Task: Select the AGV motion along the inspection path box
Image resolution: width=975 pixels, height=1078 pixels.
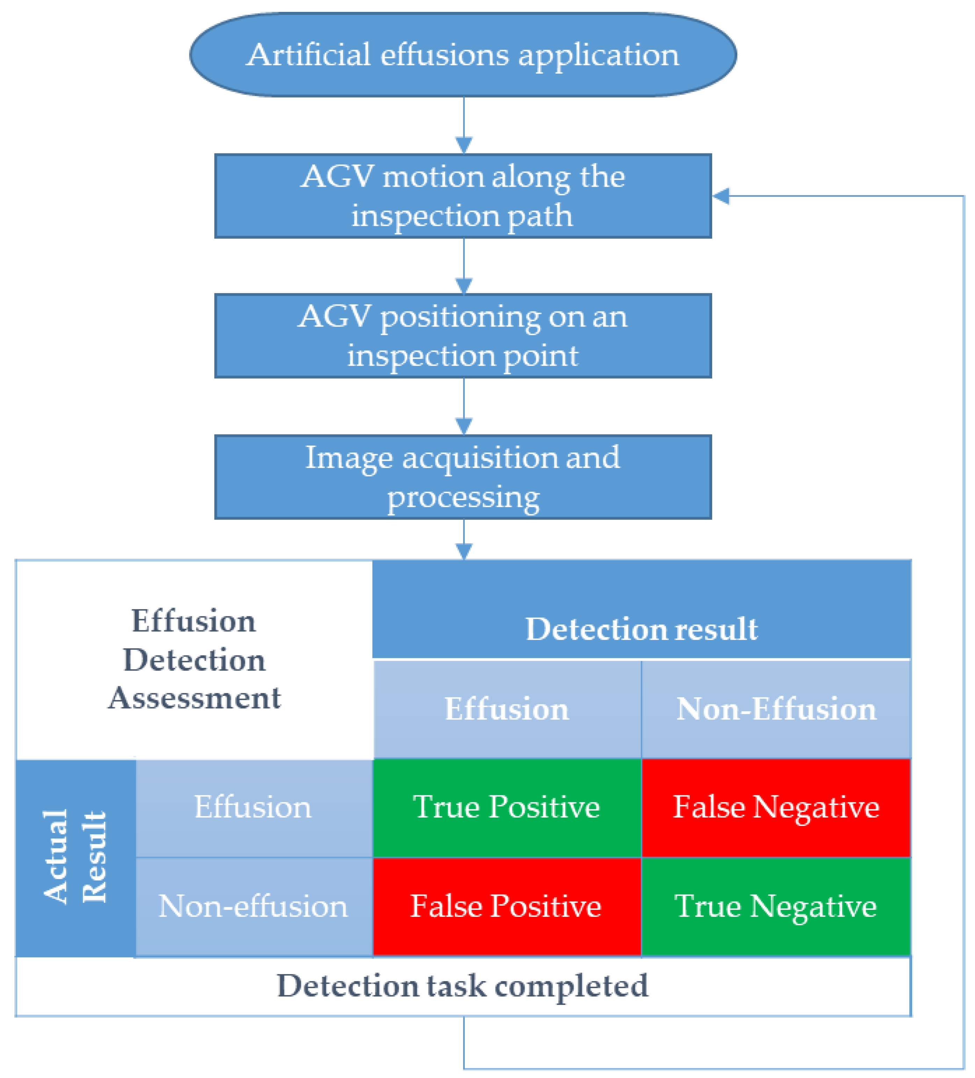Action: [x=463, y=196]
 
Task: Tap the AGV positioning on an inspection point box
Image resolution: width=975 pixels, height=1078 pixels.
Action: [x=463, y=336]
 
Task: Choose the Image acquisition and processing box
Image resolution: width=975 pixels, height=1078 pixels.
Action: [x=463, y=477]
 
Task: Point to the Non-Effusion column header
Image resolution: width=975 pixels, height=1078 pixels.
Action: [x=775, y=710]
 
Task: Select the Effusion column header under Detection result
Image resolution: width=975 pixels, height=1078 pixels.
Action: [x=507, y=710]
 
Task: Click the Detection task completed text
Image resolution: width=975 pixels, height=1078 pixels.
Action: [x=463, y=986]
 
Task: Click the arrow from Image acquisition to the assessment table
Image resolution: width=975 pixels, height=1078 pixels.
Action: [x=463, y=540]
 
